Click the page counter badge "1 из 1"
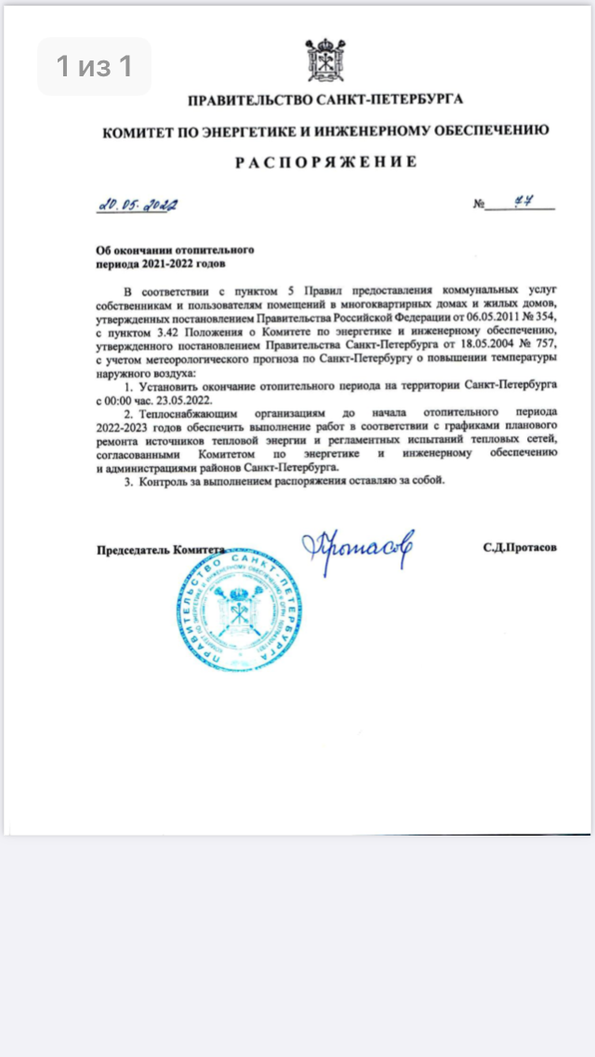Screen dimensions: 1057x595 [93, 66]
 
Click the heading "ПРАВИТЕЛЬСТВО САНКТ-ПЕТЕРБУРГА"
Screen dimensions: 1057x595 [324, 99]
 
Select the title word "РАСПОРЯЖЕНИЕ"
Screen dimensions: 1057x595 [324, 162]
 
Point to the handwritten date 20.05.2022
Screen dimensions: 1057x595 [139, 205]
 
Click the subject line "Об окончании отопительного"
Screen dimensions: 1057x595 [176, 250]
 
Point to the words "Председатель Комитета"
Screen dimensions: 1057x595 [161, 549]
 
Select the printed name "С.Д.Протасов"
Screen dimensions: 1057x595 [520, 549]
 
